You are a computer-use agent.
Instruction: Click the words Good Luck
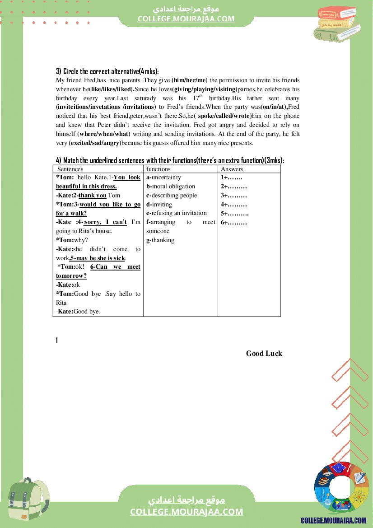[264, 353]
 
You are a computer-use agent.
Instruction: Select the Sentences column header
[70, 169]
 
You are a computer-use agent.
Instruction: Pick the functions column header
[158, 169]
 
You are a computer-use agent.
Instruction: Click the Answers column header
[232, 169]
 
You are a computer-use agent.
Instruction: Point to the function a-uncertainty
[163, 178]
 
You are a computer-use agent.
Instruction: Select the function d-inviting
[159, 205]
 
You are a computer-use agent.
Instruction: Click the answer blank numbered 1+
[231, 178]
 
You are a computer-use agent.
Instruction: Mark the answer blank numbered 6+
[233, 222]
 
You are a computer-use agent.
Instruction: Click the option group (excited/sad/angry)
[95, 143]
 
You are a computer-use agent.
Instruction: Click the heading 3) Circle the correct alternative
[107, 71]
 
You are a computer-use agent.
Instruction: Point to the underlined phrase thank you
[93, 196]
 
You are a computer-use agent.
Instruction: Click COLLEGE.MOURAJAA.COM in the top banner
[186, 19]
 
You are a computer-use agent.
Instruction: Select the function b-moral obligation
[171, 187]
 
